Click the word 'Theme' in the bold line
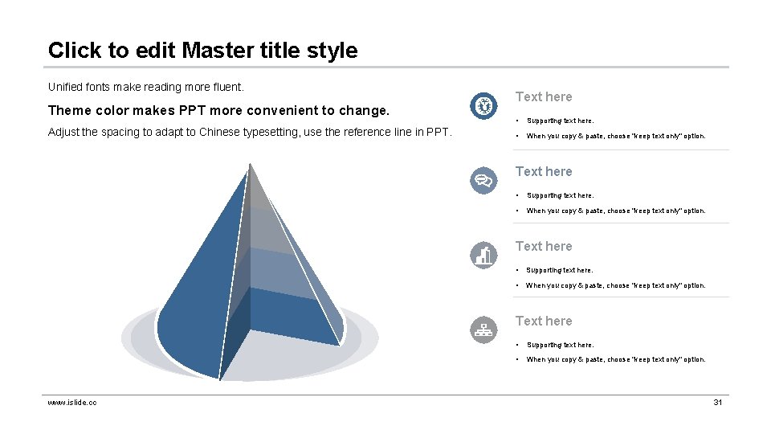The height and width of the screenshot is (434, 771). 70,110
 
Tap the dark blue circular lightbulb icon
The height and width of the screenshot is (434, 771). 483,105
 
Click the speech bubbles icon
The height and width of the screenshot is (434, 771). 483,180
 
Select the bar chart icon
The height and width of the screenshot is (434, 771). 483,255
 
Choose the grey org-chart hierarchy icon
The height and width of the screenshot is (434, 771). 483,330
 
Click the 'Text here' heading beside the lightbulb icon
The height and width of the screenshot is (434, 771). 544,96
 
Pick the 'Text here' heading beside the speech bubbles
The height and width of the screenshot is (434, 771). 544,171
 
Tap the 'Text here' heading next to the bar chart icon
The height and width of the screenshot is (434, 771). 544,246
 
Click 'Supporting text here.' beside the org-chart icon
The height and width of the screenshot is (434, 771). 560,345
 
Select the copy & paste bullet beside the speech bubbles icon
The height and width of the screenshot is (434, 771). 616,211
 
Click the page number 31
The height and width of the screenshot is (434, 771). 718,402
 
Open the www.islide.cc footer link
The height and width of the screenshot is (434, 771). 72,402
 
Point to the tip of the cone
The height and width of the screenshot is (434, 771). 250,165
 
